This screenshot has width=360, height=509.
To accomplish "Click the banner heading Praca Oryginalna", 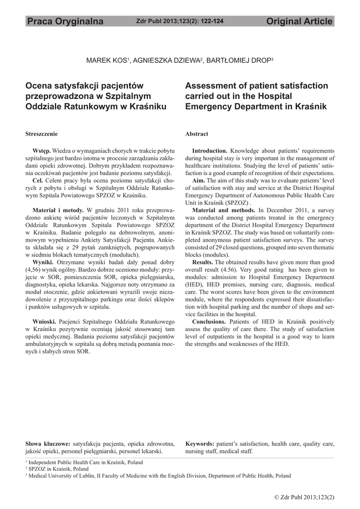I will [65, 21].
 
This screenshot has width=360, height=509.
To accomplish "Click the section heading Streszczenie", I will [41, 134].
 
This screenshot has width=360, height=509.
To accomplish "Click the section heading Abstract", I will [196, 134].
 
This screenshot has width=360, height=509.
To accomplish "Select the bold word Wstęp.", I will [41, 150].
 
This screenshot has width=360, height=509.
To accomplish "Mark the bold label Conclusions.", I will [209, 321].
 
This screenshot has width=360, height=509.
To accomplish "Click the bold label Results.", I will [202, 261].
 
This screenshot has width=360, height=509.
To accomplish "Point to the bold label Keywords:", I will [199, 443].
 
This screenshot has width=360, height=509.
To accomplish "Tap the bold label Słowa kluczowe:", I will [48, 443].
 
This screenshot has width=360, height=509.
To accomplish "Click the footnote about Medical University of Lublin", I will [159, 476].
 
